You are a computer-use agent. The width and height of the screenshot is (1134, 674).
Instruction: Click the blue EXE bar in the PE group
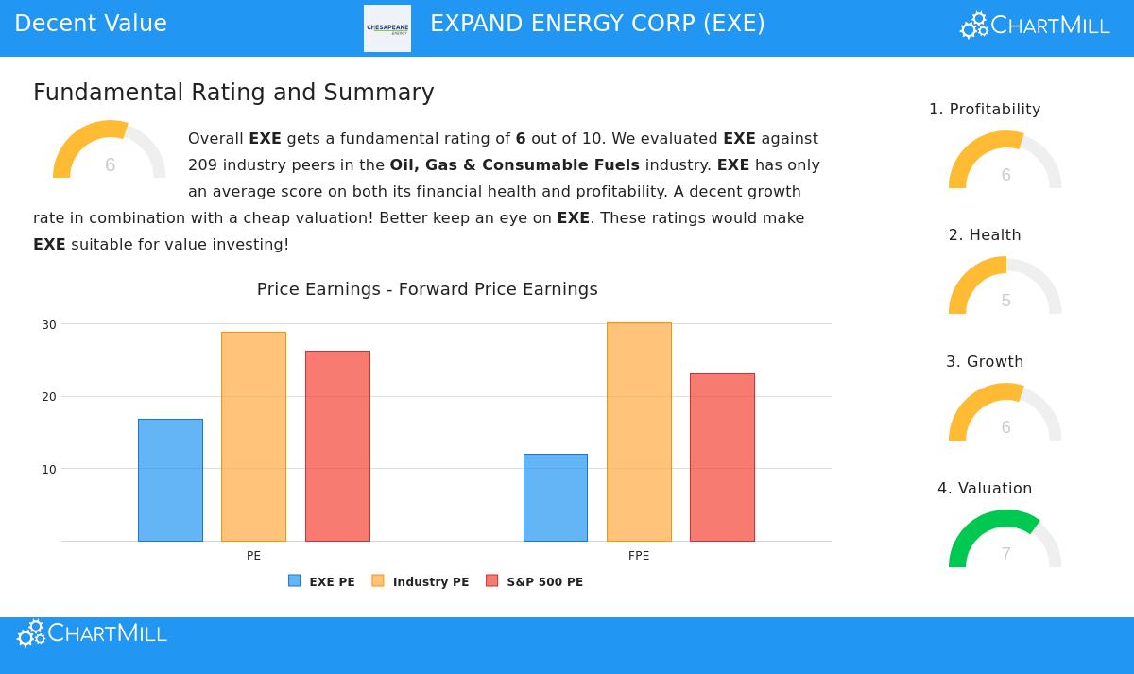(x=170, y=480)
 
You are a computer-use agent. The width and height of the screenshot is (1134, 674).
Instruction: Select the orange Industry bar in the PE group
(x=253, y=437)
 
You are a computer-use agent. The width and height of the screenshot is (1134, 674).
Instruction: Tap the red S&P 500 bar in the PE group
(x=337, y=446)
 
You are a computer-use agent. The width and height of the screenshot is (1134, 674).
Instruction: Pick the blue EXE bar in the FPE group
(x=556, y=497)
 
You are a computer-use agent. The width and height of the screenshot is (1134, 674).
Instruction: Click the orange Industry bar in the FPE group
(x=639, y=432)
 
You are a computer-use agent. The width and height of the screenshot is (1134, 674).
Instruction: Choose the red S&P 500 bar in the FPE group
(x=722, y=458)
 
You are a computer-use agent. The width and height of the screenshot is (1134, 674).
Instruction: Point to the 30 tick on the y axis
(x=48, y=325)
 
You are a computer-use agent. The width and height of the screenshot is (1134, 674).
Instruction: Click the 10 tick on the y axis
(x=48, y=470)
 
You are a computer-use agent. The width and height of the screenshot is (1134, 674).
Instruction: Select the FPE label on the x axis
(x=639, y=556)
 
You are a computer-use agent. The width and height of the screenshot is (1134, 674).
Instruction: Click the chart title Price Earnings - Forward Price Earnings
(x=427, y=289)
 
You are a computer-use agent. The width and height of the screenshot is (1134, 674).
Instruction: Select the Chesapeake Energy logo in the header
(x=387, y=28)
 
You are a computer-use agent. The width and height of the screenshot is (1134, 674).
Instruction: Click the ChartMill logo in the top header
(x=1035, y=26)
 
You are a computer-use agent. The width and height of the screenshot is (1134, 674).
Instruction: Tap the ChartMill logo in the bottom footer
(x=92, y=633)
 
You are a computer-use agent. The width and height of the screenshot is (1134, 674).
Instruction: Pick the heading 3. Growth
(x=985, y=362)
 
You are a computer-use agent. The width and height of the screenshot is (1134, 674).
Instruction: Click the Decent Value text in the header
(x=91, y=24)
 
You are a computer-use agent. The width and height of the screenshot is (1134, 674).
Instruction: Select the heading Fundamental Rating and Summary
(x=233, y=93)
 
